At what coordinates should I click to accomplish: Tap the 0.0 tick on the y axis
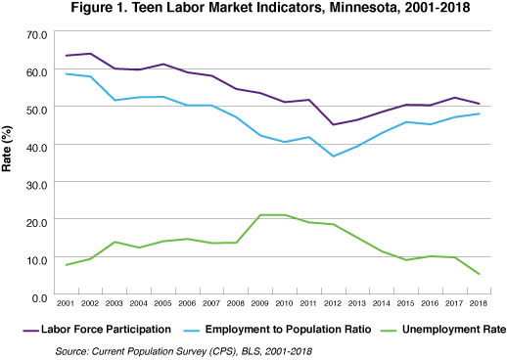(x=38, y=296)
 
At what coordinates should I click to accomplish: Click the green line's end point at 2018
(x=480, y=274)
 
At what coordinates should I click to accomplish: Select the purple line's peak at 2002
(x=91, y=54)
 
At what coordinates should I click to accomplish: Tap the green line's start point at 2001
(x=67, y=265)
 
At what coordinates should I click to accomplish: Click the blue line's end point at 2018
(x=480, y=113)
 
